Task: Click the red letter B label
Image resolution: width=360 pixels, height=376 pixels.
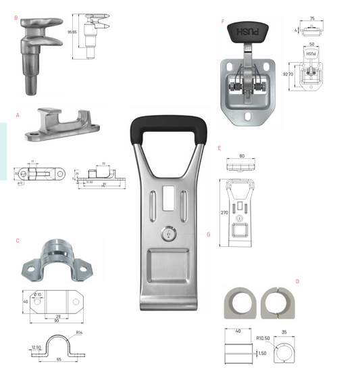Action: pos(16,18)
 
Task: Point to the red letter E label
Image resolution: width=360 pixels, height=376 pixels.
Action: pos(220,147)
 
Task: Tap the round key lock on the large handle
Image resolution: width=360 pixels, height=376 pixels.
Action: pos(168,233)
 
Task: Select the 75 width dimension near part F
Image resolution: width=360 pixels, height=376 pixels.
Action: pos(311,19)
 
